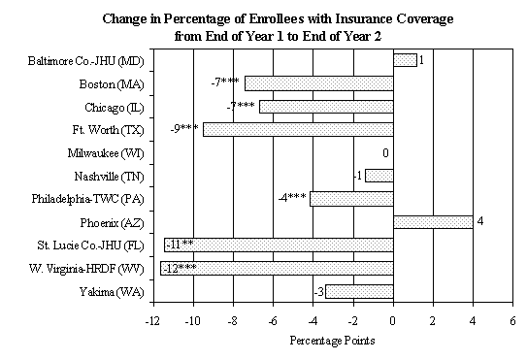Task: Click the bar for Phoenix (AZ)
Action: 432,221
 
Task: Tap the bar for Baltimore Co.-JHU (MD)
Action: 405,60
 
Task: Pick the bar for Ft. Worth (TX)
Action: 298,129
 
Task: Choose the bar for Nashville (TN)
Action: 379,176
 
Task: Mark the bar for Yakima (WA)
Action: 359,291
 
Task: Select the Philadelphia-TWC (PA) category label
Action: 89,199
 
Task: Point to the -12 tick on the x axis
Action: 152,319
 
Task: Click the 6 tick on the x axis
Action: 512,319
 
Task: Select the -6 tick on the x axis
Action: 273,319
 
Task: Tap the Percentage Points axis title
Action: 332,342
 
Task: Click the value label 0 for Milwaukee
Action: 385,152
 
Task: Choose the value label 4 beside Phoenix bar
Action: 479,221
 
